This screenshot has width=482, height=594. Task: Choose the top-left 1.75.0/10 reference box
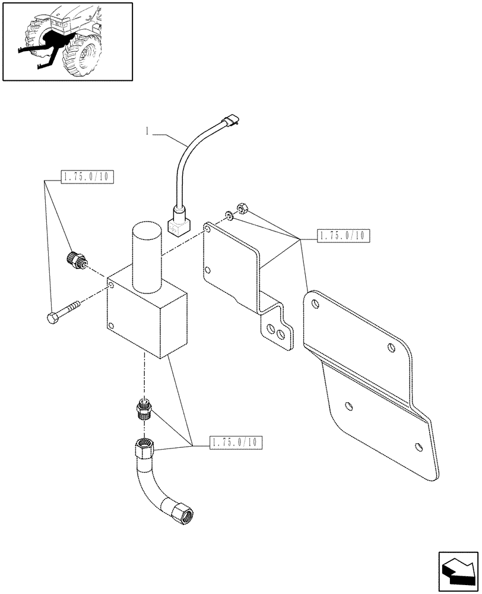tap(87, 176)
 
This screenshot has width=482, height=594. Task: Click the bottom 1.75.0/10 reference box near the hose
tap(234, 442)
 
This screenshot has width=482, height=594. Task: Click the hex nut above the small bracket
tap(242, 208)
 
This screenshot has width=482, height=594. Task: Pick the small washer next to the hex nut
tap(229, 215)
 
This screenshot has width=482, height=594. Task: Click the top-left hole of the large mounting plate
tap(315, 304)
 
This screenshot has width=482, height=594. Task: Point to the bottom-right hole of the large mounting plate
tap(420, 447)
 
